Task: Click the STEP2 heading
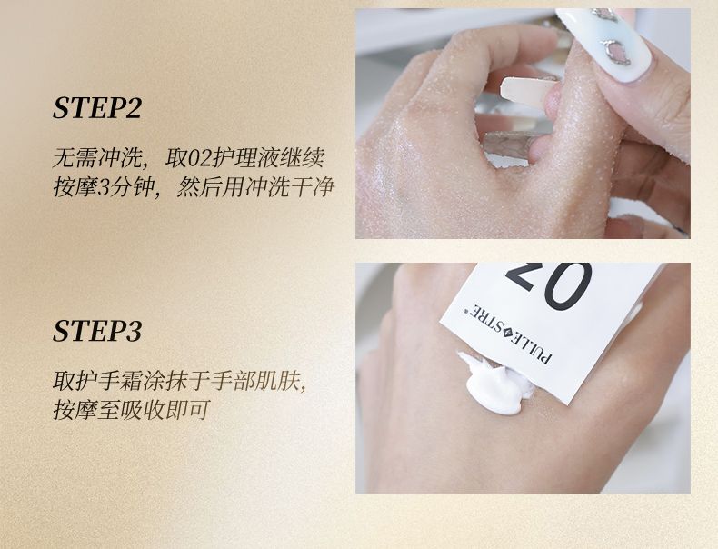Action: pos(97,108)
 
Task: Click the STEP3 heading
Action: pos(97,331)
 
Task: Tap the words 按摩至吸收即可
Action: pos(132,410)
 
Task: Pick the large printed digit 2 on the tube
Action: pos(522,274)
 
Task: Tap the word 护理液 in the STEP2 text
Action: pos(246,158)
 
